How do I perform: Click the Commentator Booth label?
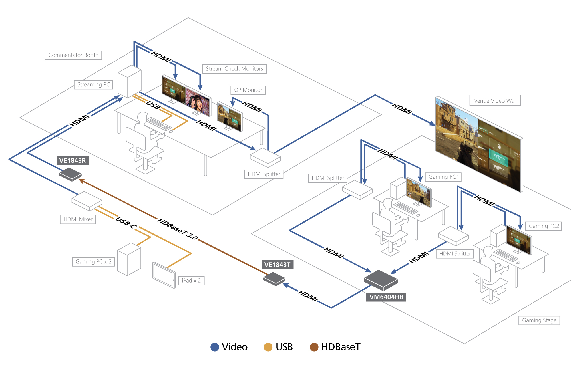pyautogui.click(x=73, y=55)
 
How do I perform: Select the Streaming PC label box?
pyautogui.click(x=93, y=85)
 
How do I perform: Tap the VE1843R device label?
pyautogui.click(x=72, y=160)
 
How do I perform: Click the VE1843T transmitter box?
pyautogui.click(x=274, y=279)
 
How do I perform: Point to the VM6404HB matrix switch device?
pyautogui.click(x=381, y=280)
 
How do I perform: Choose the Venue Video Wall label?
pyautogui.click(x=495, y=101)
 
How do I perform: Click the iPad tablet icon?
pyautogui.click(x=164, y=275)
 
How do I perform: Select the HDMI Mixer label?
pyautogui.click(x=78, y=219)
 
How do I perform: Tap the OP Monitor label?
pyautogui.click(x=248, y=90)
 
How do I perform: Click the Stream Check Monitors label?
pyautogui.click(x=234, y=69)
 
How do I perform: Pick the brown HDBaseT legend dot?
pyautogui.click(x=314, y=347)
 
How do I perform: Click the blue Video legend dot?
pyautogui.click(x=215, y=347)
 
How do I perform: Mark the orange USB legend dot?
pyautogui.click(x=268, y=347)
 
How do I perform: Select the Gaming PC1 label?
pyautogui.click(x=443, y=177)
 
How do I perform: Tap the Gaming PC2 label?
pyautogui.click(x=544, y=226)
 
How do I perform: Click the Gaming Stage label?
pyautogui.click(x=539, y=320)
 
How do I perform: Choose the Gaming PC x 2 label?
pyautogui.click(x=93, y=262)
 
